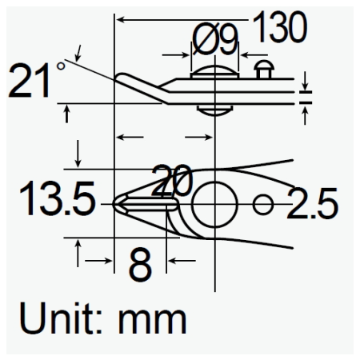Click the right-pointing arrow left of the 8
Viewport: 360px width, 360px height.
click(101, 260)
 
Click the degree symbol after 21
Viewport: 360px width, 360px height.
click(62, 66)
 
